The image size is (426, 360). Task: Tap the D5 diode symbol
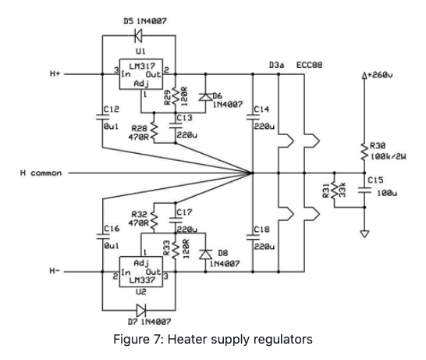(x=138, y=36)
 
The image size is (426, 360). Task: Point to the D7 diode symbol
(x=141, y=310)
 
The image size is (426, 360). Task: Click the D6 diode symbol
(x=205, y=97)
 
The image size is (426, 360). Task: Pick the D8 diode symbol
(x=205, y=255)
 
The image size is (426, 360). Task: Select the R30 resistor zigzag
(x=364, y=151)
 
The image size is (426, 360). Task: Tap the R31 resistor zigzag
(x=335, y=190)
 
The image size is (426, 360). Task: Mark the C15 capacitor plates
(x=364, y=190)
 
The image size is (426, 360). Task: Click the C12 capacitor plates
(x=103, y=117)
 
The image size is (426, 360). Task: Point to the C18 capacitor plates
(x=253, y=237)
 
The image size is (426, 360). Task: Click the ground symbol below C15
(x=364, y=233)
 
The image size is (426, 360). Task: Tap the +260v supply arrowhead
(x=364, y=76)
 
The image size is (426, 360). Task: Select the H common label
(x=41, y=173)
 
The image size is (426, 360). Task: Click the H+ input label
(x=55, y=73)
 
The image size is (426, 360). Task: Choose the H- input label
(x=55, y=271)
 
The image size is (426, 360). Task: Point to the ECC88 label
(x=309, y=65)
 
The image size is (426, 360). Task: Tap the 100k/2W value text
(x=389, y=157)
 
